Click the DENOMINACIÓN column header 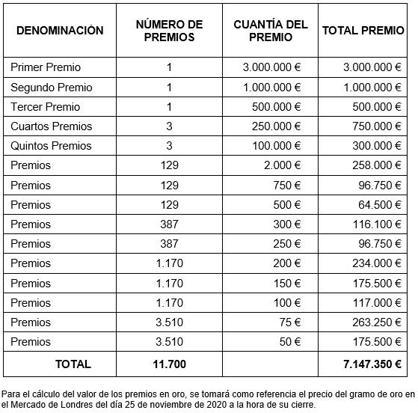60,31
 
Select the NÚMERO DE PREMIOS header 169,31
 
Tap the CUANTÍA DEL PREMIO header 270,31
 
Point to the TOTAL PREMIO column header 362,31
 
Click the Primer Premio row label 46,67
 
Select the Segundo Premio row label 52,88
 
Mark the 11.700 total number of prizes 170,364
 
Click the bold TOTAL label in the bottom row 73,364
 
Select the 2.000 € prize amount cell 282,165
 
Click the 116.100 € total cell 373,224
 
